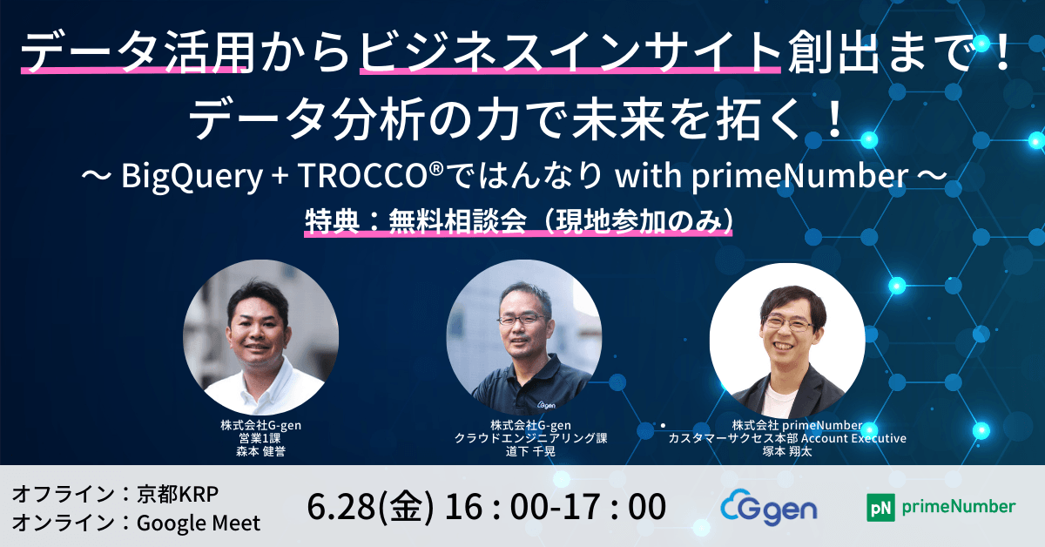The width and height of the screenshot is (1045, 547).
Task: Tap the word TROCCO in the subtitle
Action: [361, 175]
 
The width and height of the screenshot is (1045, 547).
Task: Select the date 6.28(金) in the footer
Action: [370, 506]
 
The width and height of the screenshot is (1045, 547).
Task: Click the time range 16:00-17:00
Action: [556, 506]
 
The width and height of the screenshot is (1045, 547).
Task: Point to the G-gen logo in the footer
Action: [769, 508]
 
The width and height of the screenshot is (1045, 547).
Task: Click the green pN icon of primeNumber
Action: [880, 507]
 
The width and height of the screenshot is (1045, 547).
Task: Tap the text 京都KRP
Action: [178, 494]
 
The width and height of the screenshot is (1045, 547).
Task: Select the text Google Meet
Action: [199, 523]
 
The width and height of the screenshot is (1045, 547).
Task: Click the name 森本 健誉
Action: [260, 451]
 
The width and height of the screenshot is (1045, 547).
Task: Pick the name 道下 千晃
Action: [530, 451]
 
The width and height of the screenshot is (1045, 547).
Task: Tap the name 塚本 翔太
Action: [787, 451]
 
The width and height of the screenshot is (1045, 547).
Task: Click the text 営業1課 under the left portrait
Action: [260, 438]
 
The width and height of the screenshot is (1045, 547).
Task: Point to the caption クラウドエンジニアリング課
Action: [531, 438]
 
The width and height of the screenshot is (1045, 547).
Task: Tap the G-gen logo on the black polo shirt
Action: [546, 404]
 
